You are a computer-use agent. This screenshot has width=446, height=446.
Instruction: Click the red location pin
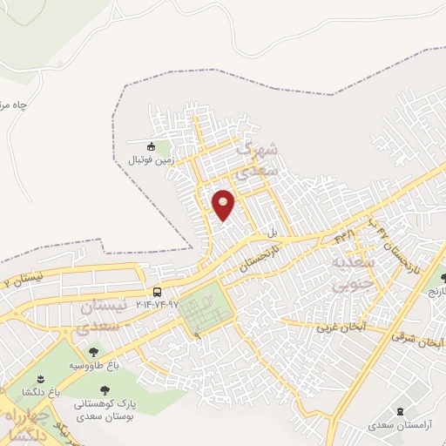[x=224, y=205]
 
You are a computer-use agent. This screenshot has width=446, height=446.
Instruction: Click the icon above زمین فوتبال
[x=152, y=146]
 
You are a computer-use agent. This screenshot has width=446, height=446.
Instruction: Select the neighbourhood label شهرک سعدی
[x=260, y=159]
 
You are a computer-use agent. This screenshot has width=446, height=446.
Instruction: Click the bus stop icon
[x=157, y=292]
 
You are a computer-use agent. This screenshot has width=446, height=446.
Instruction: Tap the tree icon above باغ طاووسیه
[x=93, y=352]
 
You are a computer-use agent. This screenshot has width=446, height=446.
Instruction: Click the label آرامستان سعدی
[x=399, y=425]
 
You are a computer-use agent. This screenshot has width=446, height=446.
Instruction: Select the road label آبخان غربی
[x=338, y=328]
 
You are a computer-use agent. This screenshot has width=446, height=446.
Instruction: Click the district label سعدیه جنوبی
[x=353, y=271]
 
